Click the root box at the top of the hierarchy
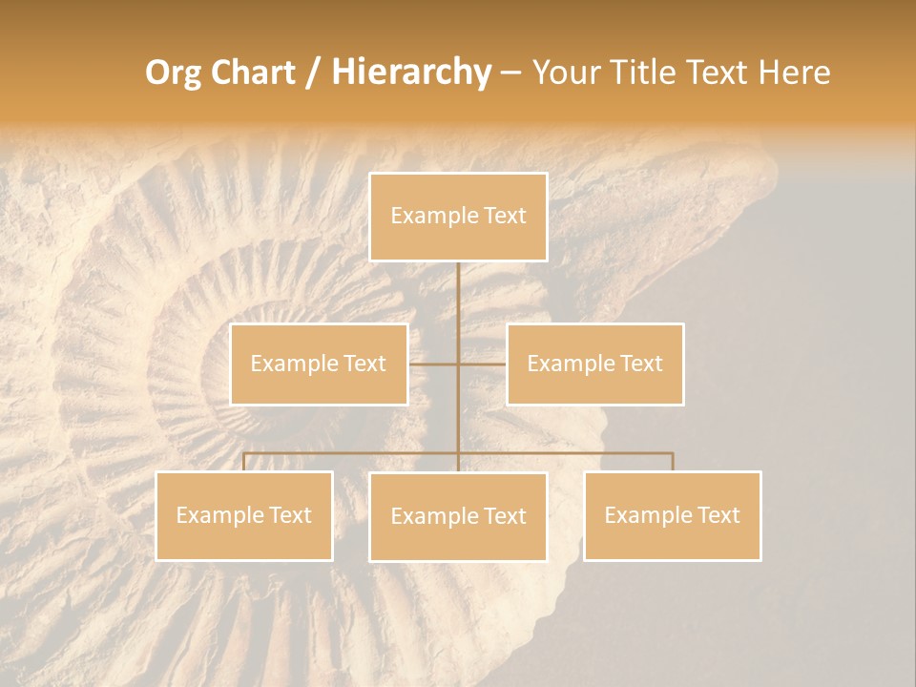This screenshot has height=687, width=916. click(x=458, y=217)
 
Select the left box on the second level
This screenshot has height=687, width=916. click(x=319, y=364)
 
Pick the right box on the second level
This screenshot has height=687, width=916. click(x=594, y=364)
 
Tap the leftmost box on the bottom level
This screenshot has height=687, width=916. click(x=244, y=515)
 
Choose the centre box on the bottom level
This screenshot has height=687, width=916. click(x=458, y=516)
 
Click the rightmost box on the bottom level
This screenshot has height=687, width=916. click(x=672, y=515)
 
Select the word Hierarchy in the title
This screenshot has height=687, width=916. click(x=410, y=73)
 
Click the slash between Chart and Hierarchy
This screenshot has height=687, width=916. click(x=313, y=73)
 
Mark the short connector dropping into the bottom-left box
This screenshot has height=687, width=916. click(x=244, y=462)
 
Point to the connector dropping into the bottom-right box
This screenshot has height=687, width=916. click(x=672, y=462)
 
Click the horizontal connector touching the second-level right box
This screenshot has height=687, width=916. click(x=483, y=364)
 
